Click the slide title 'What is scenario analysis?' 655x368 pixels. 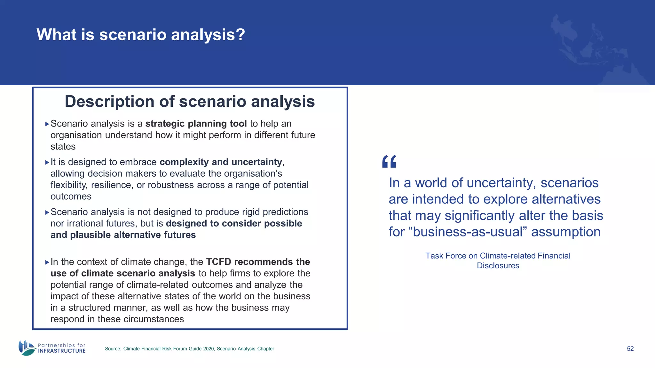coord(141,34)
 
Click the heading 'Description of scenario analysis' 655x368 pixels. coord(190,102)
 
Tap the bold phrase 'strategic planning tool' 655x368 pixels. coord(196,124)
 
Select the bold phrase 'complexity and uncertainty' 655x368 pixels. coord(221,162)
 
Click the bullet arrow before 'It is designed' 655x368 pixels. coord(47,162)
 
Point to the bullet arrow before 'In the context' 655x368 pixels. coord(47,262)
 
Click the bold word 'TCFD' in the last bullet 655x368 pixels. coord(218,262)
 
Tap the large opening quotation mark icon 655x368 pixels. coord(389,162)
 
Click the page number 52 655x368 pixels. coord(630,349)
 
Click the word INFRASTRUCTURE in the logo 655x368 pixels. coord(62,351)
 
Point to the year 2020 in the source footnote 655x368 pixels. coord(209,349)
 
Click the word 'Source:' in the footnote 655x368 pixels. coord(113,349)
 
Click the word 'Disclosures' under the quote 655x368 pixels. coord(498,266)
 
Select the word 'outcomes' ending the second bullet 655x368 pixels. coord(71,196)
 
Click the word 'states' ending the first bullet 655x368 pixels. coord(63,147)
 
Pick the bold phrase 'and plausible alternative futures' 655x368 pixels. coord(123,235)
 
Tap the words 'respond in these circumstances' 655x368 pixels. coord(117,319)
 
